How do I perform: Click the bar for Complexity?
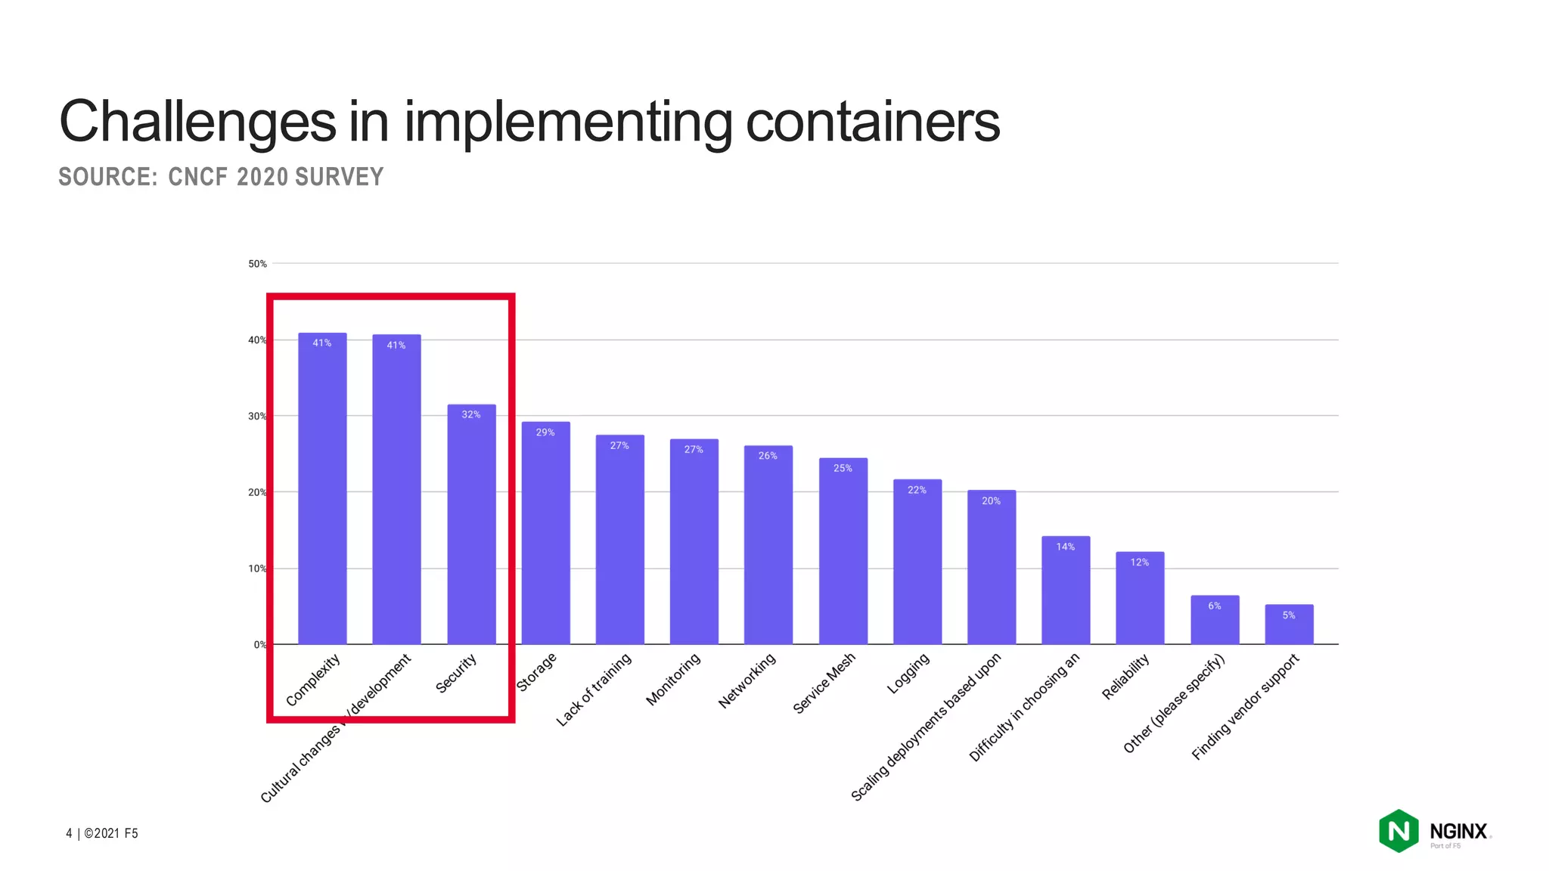click(322, 491)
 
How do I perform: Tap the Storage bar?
click(545, 537)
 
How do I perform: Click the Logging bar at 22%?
click(917, 563)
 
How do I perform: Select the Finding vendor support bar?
click(1289, 625)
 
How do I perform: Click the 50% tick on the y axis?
click(257, 264)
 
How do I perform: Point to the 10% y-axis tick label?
click(257, 569)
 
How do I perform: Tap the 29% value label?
click(545, 432)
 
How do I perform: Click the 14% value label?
click(1065, 547)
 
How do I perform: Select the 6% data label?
click(1214, 606)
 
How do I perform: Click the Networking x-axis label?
click(747, 680)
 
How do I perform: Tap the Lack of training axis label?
click(594, 690)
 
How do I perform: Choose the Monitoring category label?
click(672, 679)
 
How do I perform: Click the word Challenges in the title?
click(197, 122)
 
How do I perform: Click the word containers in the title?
click(872, 122)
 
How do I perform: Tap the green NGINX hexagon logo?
click(1398, 831)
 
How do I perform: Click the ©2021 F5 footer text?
click(110, 833)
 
